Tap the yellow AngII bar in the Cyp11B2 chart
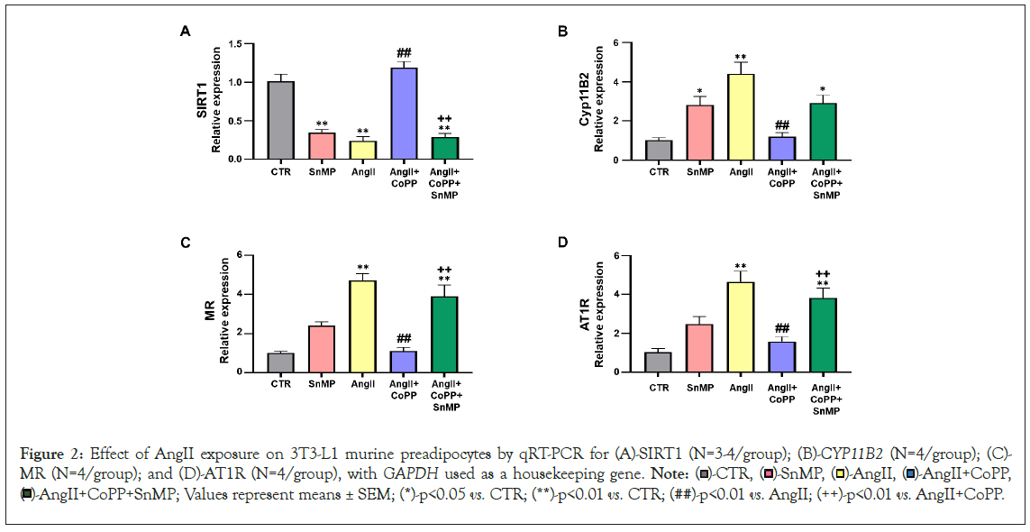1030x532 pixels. click(x=741, y=117)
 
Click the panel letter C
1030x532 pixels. click(x=185, y=243)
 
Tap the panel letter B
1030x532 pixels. click(x=563, y=32)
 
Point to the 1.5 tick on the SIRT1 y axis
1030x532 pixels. click(x=237, y=43)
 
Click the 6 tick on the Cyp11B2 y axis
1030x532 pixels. click(x=615, y=43)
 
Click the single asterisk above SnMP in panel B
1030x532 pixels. click(x=700, y=93)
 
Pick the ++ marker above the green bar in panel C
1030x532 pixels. click(x=444, y=269)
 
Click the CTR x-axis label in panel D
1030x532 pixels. click(x=659, y=387)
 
